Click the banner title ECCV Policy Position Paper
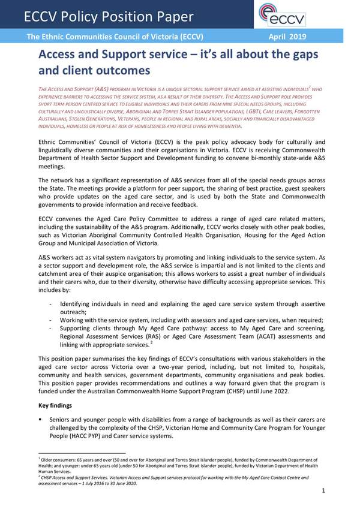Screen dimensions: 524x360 [x=109, y=16]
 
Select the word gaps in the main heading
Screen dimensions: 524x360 [x=299, y=56]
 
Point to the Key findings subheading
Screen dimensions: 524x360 [x=56, y=406]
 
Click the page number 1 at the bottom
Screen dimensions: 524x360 [x=323, y=491]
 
